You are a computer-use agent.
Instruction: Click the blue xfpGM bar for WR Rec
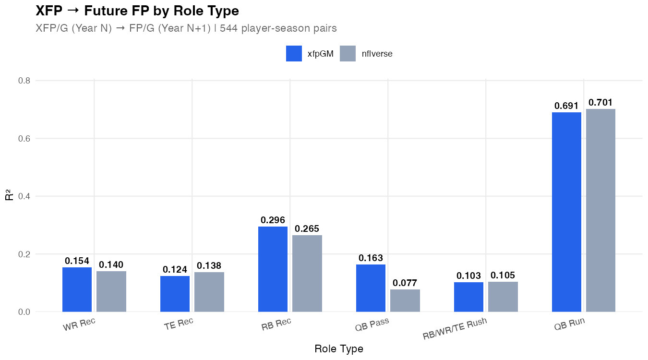77,289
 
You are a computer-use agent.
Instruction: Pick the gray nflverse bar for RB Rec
307,273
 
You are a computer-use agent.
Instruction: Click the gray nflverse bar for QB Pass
405,300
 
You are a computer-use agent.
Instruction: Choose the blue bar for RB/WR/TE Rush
468,297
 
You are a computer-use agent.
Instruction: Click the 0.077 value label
405,283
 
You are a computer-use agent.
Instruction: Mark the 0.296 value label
273,220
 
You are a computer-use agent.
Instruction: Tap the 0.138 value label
209,266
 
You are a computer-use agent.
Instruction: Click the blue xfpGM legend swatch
294,54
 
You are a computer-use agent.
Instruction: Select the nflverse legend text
377,54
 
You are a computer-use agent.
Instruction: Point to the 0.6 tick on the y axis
24,139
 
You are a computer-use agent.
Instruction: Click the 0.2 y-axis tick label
24,254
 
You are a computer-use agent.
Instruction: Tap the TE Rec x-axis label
179,324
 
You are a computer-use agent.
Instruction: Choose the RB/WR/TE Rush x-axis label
455,329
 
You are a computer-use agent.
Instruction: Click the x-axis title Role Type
339,348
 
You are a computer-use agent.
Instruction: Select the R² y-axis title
9,196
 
